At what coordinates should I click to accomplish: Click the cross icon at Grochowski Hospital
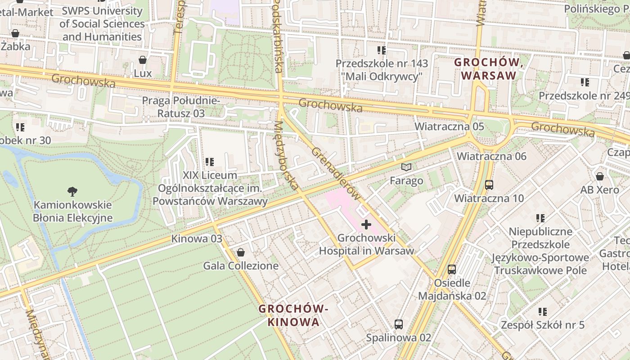coord(366,224)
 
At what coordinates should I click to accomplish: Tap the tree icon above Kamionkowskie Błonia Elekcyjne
coord(72,192)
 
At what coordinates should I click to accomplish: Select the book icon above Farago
coord(406,167)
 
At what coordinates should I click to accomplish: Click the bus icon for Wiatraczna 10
coord(489,184)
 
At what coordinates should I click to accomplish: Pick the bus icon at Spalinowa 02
coord(398,324)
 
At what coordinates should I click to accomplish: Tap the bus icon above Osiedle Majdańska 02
coord(452,270)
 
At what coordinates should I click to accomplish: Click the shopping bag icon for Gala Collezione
coord(241,252)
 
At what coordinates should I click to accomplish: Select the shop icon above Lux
coord(143,59)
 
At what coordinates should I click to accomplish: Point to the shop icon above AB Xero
coord(599,176)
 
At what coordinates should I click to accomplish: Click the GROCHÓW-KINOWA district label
coord(293,315)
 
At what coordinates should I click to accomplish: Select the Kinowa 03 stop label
coord(197,238)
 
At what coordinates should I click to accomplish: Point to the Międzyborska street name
coord(286,155)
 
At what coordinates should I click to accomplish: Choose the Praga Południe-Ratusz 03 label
coord(181,107)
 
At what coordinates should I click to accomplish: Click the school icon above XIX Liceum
coord(209,162)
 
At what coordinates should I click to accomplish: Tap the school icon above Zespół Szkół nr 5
coord(543,311)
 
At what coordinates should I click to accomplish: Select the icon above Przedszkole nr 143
coord(382,50)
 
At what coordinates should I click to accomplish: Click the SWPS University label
coord(102,23)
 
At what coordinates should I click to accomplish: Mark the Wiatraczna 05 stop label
coord(449,126)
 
